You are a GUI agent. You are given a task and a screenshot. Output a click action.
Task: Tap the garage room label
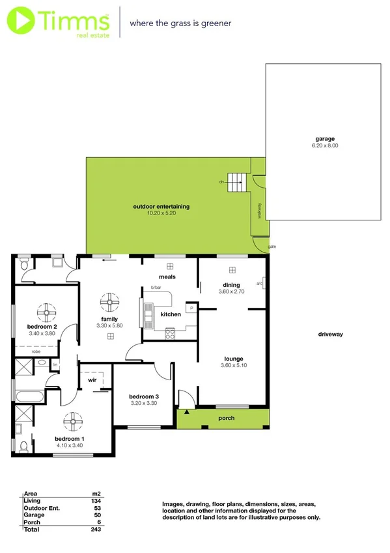[x=326, y=138]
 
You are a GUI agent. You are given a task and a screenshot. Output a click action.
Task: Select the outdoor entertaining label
[x=161, y=206]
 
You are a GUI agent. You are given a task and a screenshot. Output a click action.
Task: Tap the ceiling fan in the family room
[x=109, y=302]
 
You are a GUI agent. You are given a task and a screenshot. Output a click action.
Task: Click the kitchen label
[x=171, y=314]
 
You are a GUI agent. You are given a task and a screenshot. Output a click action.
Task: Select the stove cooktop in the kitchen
[x=171, y=333]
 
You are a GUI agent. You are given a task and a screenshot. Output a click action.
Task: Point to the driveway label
[x=330, y=334]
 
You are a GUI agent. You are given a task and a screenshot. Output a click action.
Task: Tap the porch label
[x=226, y=418]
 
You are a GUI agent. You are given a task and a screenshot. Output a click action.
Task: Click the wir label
[x=92, y=378]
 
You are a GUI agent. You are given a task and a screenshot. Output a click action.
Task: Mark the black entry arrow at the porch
[x=187, y=412]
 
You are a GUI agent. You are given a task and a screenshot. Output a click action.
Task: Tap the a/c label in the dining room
[x=259, y=284]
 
